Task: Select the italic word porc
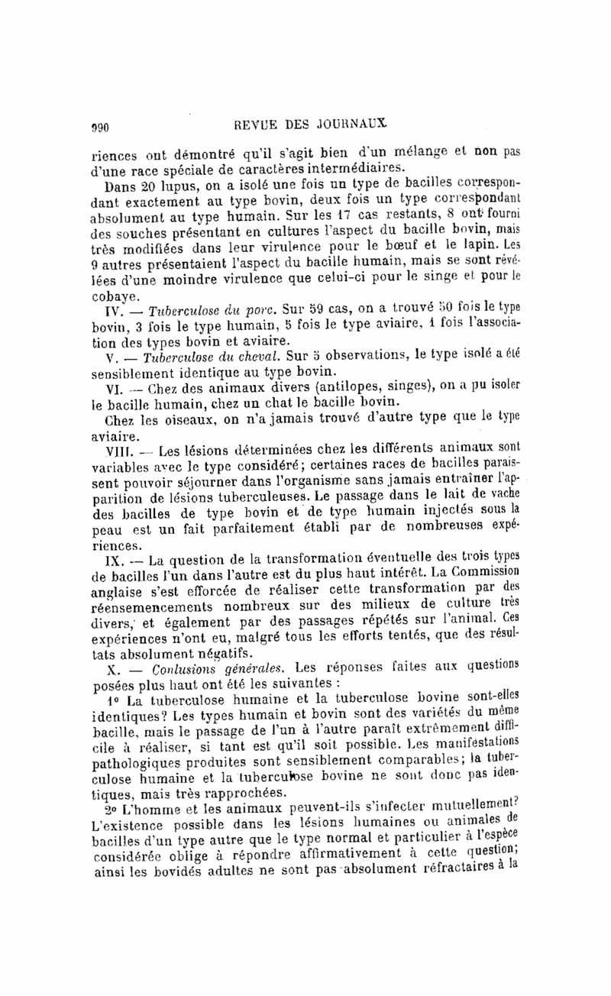click(x=256, y=311)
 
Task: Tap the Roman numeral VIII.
click(x=105, y=452)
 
